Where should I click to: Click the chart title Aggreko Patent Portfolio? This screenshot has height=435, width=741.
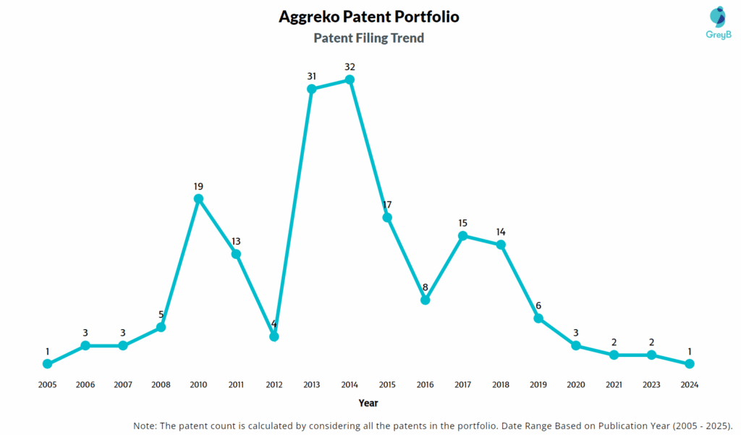coord(369,17)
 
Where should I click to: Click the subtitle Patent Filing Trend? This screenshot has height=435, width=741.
coord(369,38)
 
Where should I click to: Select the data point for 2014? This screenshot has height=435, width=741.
coord(350,80)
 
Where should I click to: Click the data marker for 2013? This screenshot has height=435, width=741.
coord(312,89)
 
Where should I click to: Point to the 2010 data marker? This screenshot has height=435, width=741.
coord(198,198)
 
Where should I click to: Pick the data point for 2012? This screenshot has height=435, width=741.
coord(274,337)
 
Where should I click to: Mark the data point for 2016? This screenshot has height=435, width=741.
coord(425,300)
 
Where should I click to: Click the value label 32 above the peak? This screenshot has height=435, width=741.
coord(350,67)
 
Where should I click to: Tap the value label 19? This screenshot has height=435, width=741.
coord(198,186)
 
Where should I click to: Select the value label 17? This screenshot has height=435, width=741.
coord(387,205)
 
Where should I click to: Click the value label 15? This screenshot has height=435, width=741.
coord(463,223)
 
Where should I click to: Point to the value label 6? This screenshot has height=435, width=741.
coord(538,305)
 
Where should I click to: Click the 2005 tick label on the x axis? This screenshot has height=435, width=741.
coord(47,385)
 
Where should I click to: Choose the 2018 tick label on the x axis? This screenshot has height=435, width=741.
coord(501,385)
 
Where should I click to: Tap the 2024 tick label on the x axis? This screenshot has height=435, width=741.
coord(690,385)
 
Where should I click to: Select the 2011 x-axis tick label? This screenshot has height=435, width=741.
coord(236,385)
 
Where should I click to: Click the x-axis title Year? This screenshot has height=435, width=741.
coord(368,402)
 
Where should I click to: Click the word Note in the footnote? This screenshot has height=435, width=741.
coord(146,425)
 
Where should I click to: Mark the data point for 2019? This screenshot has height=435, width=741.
coord(538,318)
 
